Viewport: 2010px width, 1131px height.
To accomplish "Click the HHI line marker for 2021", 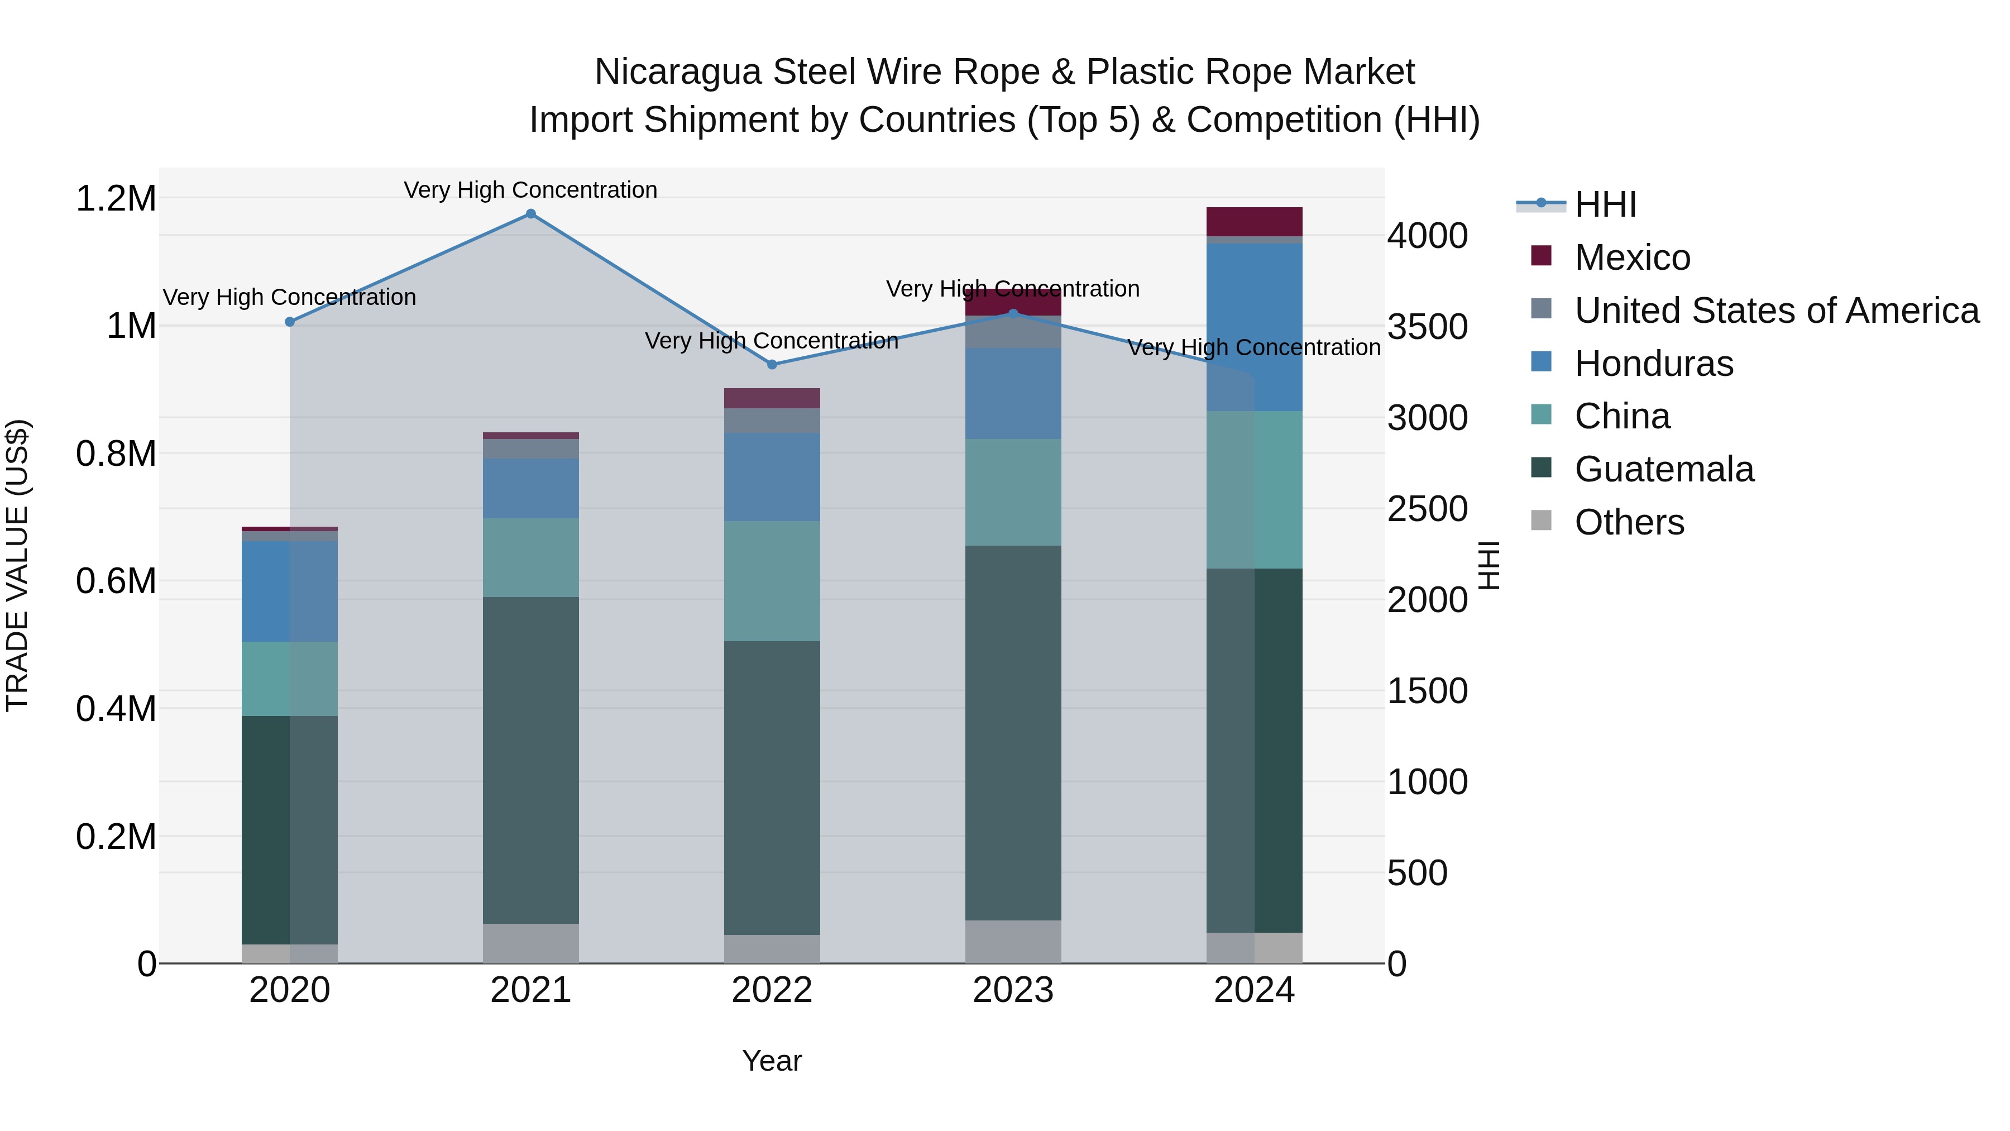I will [530, 214].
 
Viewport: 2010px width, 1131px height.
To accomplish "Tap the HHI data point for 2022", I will [772, 365].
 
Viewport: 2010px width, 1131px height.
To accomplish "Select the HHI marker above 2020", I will [289, 322].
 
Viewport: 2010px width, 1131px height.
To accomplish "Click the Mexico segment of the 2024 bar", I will [1254, 222].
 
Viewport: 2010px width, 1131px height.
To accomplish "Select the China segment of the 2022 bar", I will [772, 581].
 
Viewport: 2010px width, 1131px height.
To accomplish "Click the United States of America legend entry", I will [1776, 311].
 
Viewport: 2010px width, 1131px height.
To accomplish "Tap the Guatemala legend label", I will [1664, 469].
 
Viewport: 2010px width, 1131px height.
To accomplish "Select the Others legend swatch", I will [1541, 521].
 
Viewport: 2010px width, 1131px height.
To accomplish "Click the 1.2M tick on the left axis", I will [116, 199].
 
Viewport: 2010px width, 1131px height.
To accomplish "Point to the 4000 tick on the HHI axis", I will [1427, 236].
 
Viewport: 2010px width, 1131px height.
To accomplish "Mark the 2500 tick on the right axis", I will [1427, 509].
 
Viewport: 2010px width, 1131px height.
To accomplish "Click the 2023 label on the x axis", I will [1013, 990].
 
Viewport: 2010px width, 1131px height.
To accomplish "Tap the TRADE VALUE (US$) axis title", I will [17, 565].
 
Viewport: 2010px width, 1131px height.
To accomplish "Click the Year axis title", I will [772, 1061].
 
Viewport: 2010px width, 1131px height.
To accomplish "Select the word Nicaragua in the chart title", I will [677, 73].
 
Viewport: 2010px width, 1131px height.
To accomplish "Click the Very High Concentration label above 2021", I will [530, 190].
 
